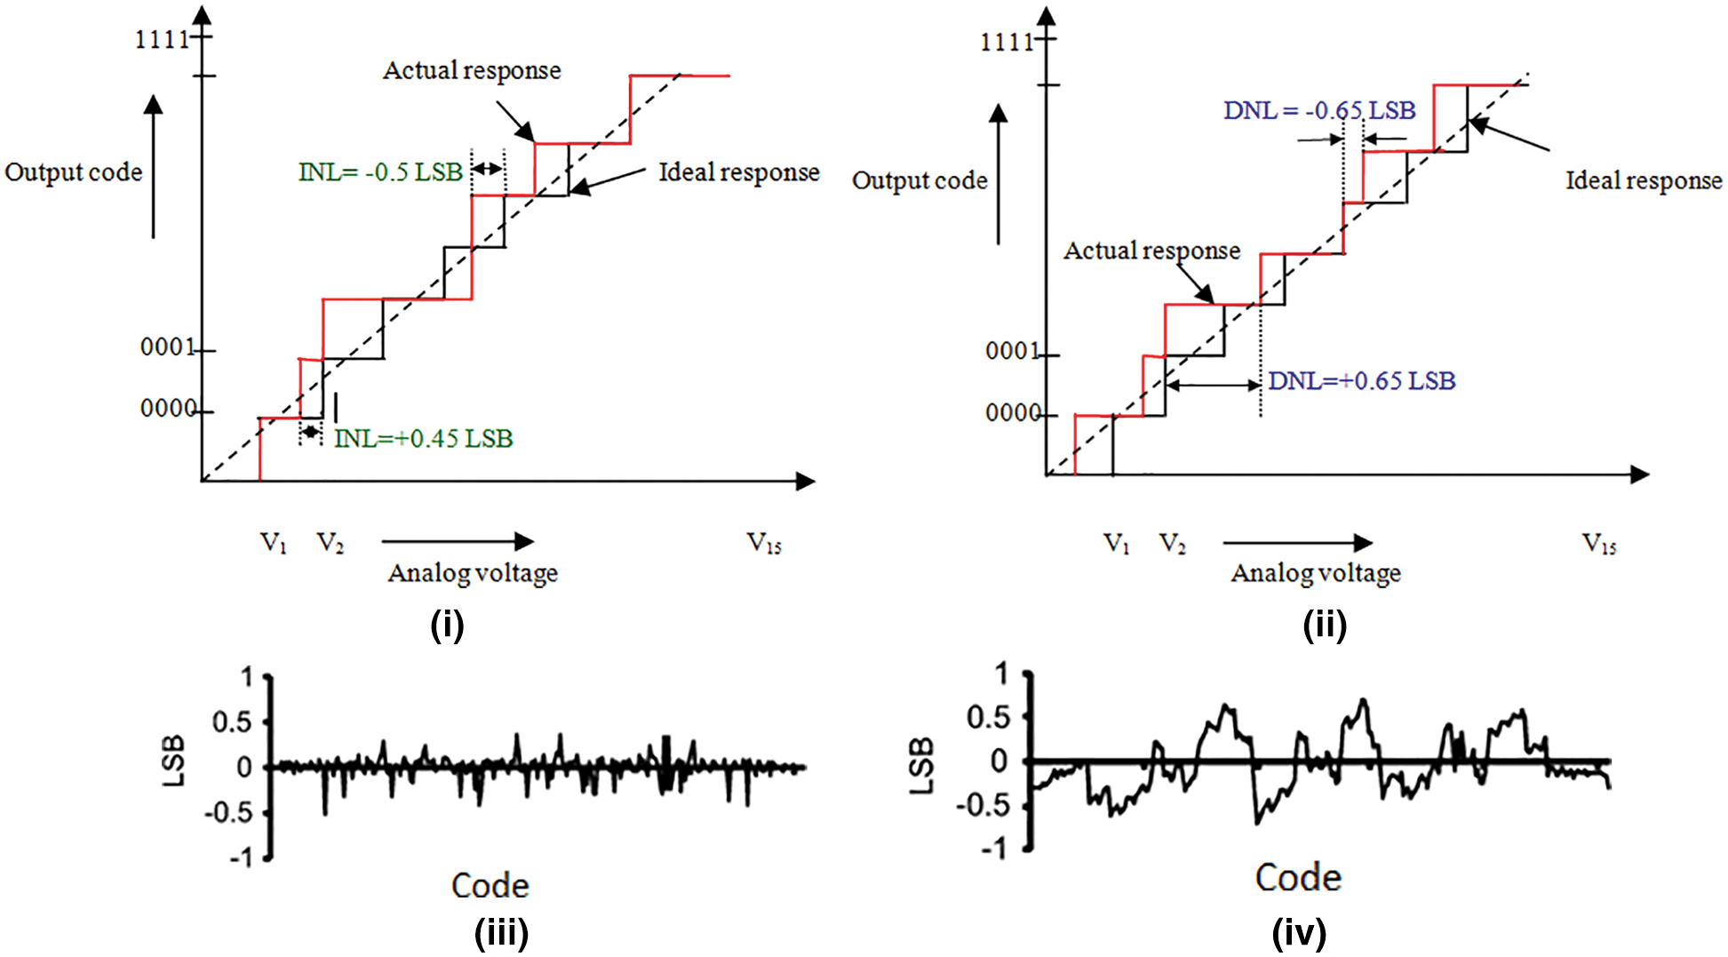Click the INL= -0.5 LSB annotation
(x=380, y=172)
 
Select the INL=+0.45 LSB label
(x=424, y=439)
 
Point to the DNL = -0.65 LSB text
(x=1319, y=111)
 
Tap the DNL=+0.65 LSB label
(x=1361, y=381)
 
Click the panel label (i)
(x=447, y=626)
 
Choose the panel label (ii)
(x=1324, y=626)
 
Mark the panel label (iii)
(x=501, y=934)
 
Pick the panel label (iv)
(x=1299, y=934)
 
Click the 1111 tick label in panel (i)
(x=162, y=40)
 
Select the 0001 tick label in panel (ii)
(x=1012, y=352)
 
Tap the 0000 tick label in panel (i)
(x=168, y=409)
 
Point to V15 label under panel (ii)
(x=1599, y=544)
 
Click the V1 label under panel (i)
(x=273, y=543)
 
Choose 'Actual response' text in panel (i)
(x=472, y=71)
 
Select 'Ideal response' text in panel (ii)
(x=1644, y=181)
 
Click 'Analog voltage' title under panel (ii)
(x=1316, y=574)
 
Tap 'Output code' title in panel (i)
(x=74, y=172)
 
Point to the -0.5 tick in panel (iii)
(x=228, y=813)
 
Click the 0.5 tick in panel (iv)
(x=987, y=717)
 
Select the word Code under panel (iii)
(x=490, y=886)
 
